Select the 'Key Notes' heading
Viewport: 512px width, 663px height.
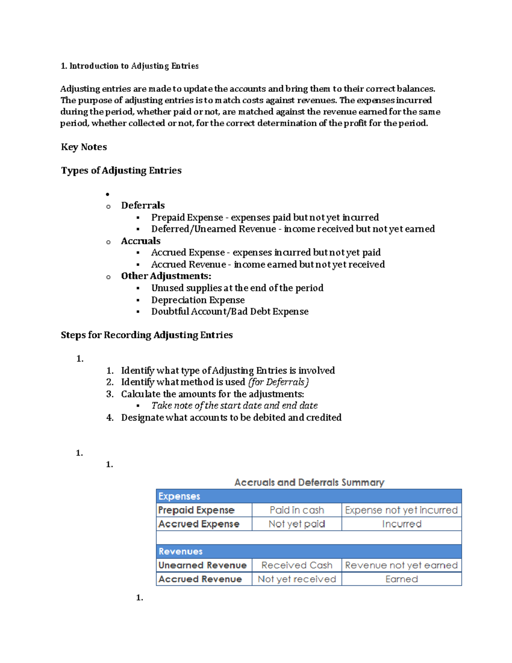coord(84,147)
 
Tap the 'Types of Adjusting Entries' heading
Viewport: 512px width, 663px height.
coord(121,171)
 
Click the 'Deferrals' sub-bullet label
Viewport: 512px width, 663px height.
coord(143,205)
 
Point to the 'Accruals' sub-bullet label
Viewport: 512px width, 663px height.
coord(141,241)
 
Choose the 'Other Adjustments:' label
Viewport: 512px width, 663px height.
coord(166,276)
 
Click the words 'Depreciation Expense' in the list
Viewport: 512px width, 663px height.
coord(198,300)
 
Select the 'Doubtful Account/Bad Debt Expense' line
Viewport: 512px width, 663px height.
coord(230,312)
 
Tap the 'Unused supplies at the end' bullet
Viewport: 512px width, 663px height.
coord(237,288)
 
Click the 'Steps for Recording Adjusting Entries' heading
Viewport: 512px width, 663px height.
coord(147,335)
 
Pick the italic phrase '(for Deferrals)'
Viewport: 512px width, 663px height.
coord(278,382)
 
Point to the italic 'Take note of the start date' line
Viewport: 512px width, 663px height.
coord(234,406)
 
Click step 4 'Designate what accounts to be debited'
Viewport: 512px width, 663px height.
coord(231,418)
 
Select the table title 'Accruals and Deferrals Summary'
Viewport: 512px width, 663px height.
coord(309,482)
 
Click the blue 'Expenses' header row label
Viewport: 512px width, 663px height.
coord(179,497)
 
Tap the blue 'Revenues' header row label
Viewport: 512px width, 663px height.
coord(180,552)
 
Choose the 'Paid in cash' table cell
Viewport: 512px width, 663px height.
coord(297,510)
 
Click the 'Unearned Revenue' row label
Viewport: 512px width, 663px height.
coord(203,565)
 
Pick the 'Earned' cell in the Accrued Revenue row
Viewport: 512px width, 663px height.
coord(401,579)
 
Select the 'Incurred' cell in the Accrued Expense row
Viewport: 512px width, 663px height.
coord(401,524)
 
